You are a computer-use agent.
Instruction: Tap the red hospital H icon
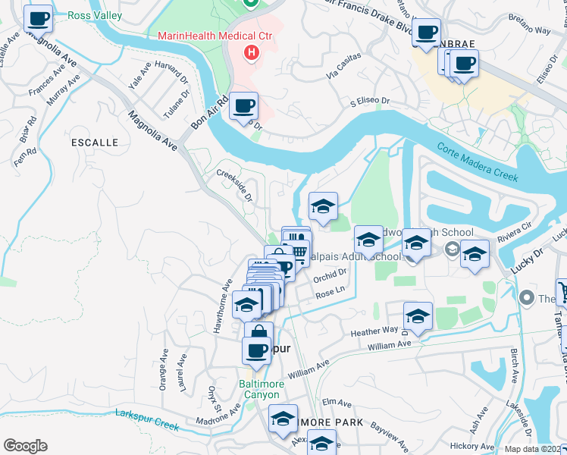(252, 52)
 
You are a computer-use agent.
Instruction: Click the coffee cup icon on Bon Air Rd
(243, 105)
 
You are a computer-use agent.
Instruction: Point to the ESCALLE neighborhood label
(94, 143)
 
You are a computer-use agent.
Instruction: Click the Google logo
(25, 446)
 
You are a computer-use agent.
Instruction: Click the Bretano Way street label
(530, 30)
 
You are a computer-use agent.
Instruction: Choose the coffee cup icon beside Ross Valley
(38, 18)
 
